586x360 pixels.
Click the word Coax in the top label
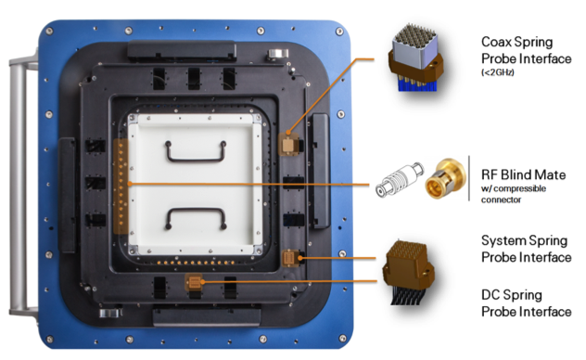(x=496, y=42)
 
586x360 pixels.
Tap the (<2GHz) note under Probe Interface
(x=497, y=72)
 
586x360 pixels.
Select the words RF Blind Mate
(x=523, y=175)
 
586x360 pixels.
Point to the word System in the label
(x=502, y=241)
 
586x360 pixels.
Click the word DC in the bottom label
(x=490, y=295)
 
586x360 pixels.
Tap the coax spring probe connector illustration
(x=415, y=58)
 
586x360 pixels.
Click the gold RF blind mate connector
(x=445, y=178)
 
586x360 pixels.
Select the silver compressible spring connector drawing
(x=400, y=180)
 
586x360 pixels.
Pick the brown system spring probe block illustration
(x=408, y=272)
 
